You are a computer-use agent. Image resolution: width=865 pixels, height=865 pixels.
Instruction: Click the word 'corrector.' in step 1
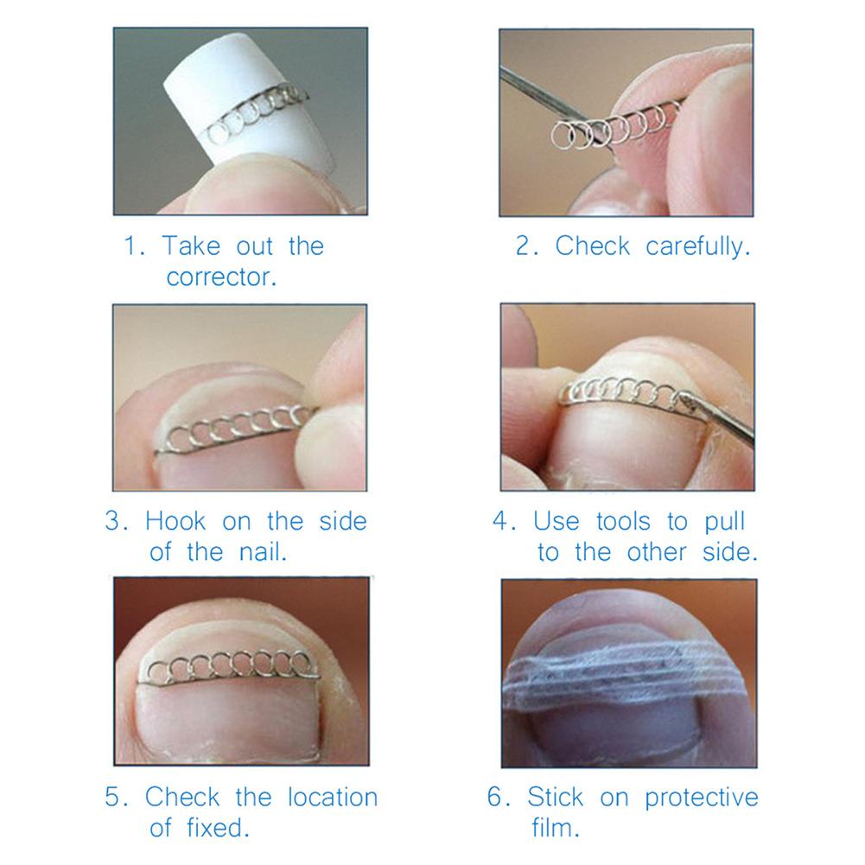pos(221,278)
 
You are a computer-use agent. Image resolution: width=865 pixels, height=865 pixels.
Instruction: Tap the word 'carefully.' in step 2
pos(697,246)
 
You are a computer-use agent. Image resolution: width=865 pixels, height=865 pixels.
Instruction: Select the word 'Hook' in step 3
pos(177,521)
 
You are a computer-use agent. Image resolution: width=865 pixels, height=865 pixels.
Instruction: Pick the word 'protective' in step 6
pos(701,796)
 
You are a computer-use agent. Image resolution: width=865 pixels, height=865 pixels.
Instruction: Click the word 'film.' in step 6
pos(555,828)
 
